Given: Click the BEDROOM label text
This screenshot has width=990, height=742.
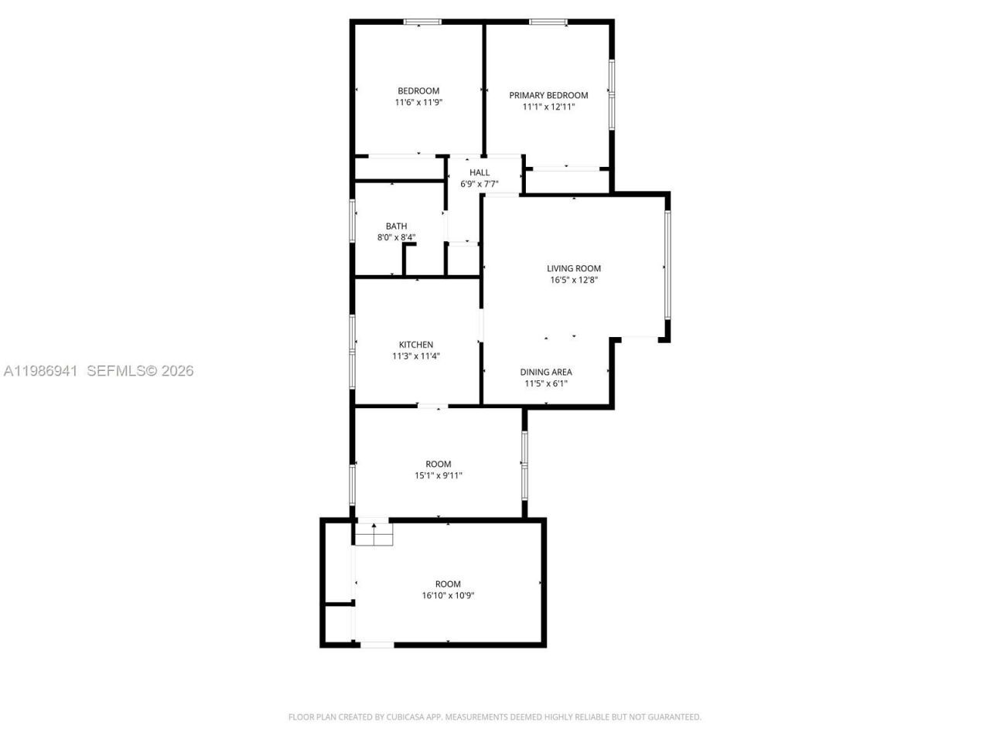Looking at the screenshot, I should tap(418, 90).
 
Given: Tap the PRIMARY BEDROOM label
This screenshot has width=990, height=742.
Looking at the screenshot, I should tap(548, 95).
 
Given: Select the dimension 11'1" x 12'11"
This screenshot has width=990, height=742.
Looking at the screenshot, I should tap(548, 107).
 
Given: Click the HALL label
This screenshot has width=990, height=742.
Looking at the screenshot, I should tap(480, 172).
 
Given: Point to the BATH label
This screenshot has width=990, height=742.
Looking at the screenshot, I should tap(396, 226).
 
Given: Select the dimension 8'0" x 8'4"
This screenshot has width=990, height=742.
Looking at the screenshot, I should tap(396, 237).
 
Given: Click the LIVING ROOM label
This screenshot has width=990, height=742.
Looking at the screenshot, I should tap(574, 268).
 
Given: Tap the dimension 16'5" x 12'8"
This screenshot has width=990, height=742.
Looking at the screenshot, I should tap(574, 281).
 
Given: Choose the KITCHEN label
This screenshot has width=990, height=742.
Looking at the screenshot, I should tap(416, 345).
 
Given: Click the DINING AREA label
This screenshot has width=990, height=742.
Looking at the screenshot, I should tap(546, 372).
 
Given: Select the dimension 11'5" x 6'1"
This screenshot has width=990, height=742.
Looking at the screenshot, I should tap(546, 383).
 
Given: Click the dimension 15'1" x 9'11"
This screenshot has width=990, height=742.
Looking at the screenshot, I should tap(439, 476).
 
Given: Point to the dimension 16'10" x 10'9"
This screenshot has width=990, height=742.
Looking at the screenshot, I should tap(448, 596).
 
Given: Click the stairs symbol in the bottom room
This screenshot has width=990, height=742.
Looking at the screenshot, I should tap(374, 533).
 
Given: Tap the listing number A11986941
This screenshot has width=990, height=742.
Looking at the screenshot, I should tap(40, 371).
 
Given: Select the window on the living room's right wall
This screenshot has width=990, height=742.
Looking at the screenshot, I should tap(667, 264).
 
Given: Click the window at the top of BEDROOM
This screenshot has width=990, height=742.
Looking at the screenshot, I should tap(422, 22).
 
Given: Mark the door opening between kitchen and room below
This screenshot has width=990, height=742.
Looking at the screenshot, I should tap(432, 406).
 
